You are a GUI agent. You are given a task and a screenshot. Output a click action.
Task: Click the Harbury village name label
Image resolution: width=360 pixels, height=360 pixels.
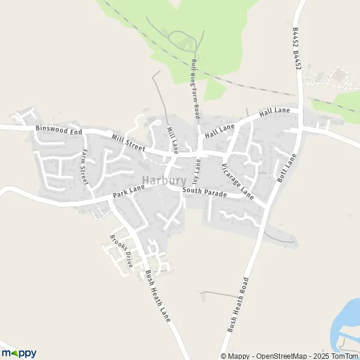pos(164,181)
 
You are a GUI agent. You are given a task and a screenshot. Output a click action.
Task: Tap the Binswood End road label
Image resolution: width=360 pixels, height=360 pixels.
pos(58,128)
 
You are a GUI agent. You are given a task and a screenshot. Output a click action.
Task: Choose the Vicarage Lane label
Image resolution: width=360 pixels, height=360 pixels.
pos(238,181)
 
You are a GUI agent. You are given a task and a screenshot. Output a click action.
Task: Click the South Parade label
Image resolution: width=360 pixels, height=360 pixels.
pos(205,192)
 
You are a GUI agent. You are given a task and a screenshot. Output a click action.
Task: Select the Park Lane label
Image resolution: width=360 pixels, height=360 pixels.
pos(129,193)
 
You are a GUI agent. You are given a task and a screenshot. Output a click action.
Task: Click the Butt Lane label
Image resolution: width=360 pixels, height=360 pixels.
pos(287,168)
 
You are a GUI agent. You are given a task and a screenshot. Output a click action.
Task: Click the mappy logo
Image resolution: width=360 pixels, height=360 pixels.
pos(19,353)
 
